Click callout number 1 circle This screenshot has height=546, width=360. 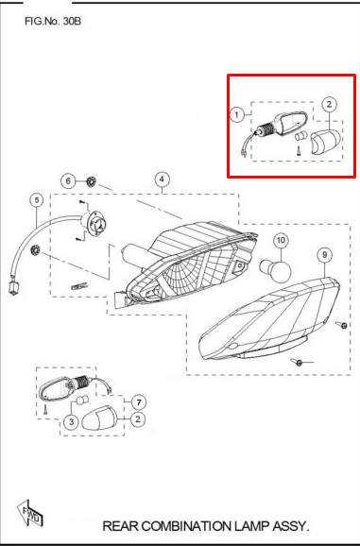tap(237, 114)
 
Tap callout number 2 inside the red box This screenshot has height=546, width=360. tap(329, 104)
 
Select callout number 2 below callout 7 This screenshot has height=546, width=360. tap(138, 418)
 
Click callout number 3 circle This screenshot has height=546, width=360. tap(72, 421)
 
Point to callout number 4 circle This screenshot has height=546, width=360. tap(162, 179)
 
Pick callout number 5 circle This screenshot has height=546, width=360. tap(37, 200)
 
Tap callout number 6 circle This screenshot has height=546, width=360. tap(68, 181)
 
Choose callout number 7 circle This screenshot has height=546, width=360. tap(139, 402)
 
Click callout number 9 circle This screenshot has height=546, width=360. tap(324, 255)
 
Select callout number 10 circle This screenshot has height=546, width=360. tap(281, 240)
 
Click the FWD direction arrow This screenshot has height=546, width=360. tap(30, 513)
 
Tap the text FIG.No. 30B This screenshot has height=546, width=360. tap(53, 21)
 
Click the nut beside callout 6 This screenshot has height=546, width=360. tap(92, 181)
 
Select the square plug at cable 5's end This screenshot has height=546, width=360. tap(13, 288)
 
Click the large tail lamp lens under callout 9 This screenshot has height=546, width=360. tap(268, 318)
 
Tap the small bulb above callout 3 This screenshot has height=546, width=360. tap(81, 400)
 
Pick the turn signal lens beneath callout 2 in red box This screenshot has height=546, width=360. tap(325, 142)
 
